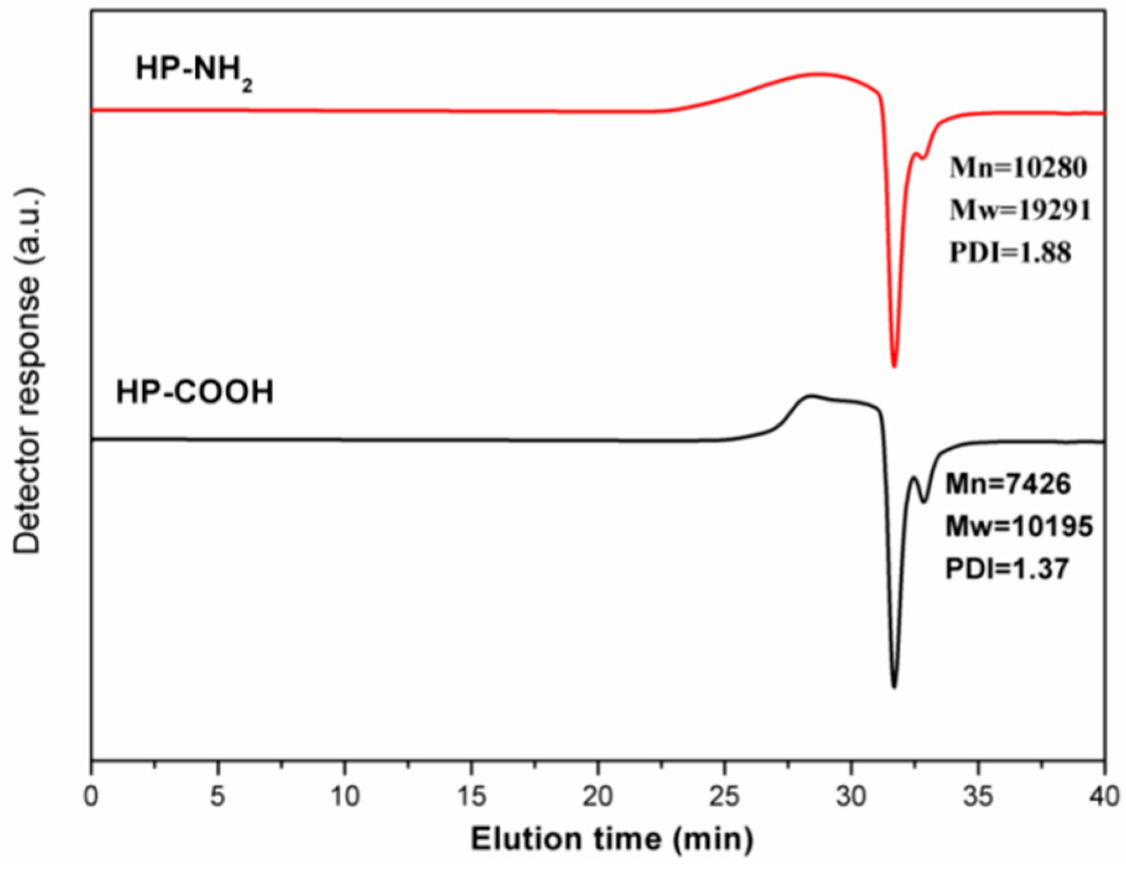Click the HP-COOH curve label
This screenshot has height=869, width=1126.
coord(194,392)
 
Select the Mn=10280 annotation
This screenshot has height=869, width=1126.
coord(1018,168)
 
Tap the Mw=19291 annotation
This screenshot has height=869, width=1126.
coord(1020,210)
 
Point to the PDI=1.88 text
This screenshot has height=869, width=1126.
coord(1010,253)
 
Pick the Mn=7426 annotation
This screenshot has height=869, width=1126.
coord(1008,484)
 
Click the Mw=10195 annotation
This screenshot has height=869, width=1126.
coord(1019,527)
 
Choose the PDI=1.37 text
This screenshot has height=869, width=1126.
coord(1007,569)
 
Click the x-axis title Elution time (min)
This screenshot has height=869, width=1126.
coord(612,840)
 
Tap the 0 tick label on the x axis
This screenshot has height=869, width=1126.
coord(91,796)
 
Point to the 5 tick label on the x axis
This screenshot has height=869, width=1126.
coord(218,796)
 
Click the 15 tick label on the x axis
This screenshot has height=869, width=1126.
coord(471,796)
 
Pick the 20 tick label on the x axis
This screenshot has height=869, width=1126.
coord(598,796)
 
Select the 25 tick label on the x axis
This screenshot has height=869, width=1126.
coord(725,796)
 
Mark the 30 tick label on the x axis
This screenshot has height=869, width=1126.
coord(851,796)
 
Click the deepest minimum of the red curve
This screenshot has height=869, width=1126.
coord(894,366)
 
